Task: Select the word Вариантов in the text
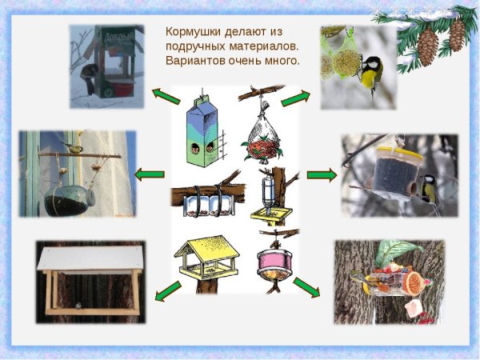pos(194,61)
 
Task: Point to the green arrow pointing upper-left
pos(166,96)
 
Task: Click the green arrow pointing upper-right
pos(295,98)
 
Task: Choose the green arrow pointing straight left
pos(150,174)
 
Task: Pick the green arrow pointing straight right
pos(322,174)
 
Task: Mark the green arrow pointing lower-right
pos(306,286)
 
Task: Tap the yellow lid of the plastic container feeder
pos(398,150)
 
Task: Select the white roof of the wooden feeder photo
pos(90,258)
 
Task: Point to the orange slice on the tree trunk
pos(413,282)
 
